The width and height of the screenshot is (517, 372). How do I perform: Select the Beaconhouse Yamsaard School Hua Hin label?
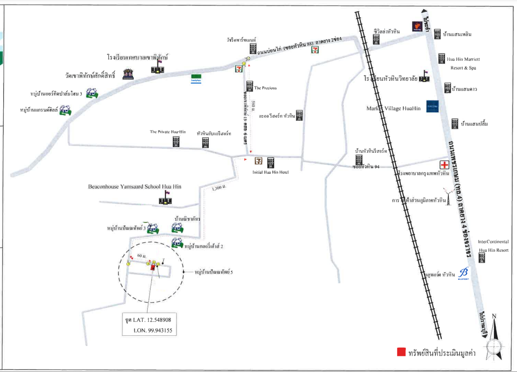(x=135, y=187)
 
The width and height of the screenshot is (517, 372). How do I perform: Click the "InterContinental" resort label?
(x=494, y=242)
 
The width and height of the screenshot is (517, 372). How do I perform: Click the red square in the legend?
(x=401, y=352)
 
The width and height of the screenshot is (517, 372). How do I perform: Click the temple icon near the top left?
(x=129, y=75)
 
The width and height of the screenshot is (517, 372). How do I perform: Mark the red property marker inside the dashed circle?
(x=153, y=267)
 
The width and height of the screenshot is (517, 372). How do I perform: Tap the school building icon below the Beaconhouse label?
(x=165, y=199)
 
